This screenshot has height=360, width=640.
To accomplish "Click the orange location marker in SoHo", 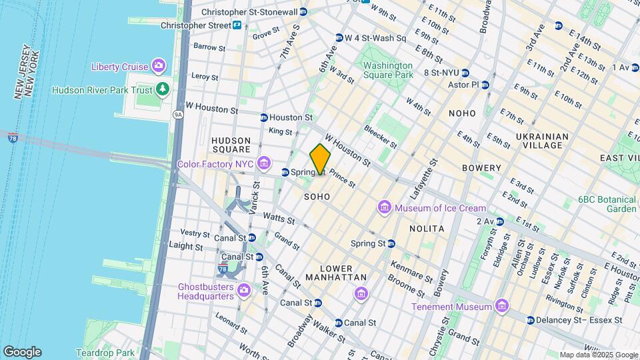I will click(320, 159).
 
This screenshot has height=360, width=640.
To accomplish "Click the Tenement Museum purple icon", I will click(502, 307).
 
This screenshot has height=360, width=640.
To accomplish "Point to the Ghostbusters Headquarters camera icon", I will click(244, 289).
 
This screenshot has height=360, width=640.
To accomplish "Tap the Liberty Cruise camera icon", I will click(158, 65).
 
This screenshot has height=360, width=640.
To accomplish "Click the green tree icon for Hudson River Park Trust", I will click(163, 89).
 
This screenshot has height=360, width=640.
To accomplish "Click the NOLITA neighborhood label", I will click(426, 229).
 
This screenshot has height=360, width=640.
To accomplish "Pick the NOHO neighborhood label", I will click(462, 113).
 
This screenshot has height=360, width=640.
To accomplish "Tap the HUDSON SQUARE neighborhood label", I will click(231, 145).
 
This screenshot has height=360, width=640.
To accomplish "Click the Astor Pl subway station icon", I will click(485, 85).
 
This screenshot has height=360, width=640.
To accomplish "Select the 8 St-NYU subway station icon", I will click(465, 73).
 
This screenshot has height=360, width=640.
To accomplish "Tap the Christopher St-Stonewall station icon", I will click(303, 12).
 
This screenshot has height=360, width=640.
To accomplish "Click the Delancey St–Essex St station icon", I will click(530, 320).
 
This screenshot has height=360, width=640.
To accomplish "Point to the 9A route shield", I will click(178, 114).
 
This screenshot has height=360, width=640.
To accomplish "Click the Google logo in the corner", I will click(22, 351).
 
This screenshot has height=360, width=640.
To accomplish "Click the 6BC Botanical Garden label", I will click(607, 203).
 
